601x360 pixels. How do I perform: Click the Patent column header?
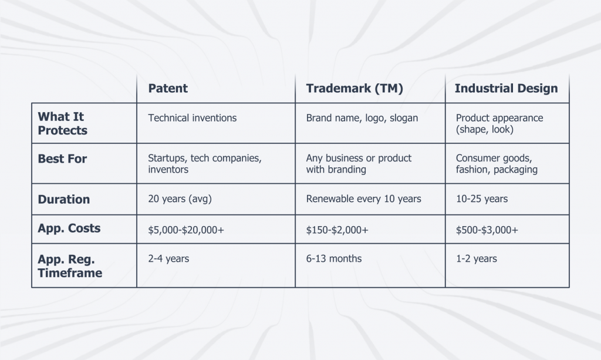pos(168,89)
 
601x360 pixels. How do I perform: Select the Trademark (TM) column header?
pos(354,89)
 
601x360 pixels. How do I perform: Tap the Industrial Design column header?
pos(506,89)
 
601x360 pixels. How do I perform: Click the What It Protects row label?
pos(62,123)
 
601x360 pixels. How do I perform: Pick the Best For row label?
pos(62,159)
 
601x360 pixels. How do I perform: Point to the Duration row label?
pos(63,199)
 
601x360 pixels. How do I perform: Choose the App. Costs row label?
pos(69,228)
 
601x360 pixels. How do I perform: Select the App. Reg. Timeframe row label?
pos(70,266)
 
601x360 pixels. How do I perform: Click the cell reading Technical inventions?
pos(193,118)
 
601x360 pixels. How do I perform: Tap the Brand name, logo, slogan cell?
pos(362,118)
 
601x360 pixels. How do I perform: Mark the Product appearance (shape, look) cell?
pos(499,123)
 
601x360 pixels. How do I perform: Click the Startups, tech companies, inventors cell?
pos(205,164)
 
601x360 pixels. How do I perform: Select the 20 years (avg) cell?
pos(180,199)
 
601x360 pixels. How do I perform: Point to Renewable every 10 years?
pos(363,199)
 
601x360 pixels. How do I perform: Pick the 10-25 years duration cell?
pos(482,199)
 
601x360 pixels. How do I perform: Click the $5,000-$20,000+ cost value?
pos(186,230)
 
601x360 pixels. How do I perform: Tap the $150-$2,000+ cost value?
pos(337,230)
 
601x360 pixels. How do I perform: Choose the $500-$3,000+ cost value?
pos(487,230)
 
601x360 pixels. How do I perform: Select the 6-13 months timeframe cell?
pos(334,259)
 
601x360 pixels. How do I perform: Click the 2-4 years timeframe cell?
pos(168,259)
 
